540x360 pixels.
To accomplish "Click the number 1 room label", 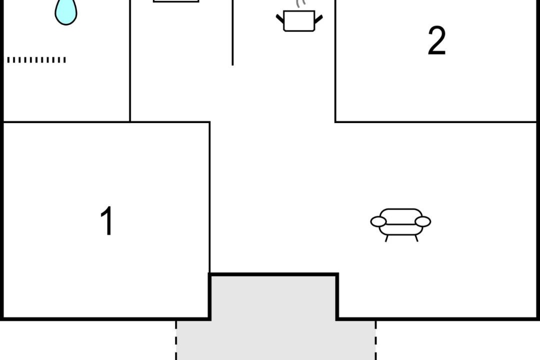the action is [x=107, y=221].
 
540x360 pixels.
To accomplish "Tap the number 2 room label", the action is [x=436, y=40].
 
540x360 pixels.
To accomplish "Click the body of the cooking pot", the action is [x=299, y=21].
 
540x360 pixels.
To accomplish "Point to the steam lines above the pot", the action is [x=300, y=3].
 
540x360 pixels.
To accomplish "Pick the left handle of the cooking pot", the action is [x=280, y=18].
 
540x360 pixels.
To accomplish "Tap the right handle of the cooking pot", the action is [x=318, y=19].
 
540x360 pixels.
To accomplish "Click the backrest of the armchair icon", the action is [x=400, y=216].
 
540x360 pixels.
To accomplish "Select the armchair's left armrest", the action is [x=378, y=222].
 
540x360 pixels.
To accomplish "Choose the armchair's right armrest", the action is [x=423, y=221].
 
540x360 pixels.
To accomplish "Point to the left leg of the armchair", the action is [x=386, y=238].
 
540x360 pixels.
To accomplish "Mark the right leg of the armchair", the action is [x=416, y=238].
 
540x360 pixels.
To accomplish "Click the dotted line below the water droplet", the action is [x=36, y=60].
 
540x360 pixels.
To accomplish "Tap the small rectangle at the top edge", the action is [x=176, y=1].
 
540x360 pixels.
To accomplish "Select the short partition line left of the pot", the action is [x=232, y=32].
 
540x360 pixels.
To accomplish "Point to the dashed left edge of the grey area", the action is [x=176, y=340].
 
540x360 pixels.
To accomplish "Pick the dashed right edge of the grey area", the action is [x=375, y=340].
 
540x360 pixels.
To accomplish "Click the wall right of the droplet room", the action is [x=130, y=60].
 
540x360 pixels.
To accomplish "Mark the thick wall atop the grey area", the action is [x=274, y=274].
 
